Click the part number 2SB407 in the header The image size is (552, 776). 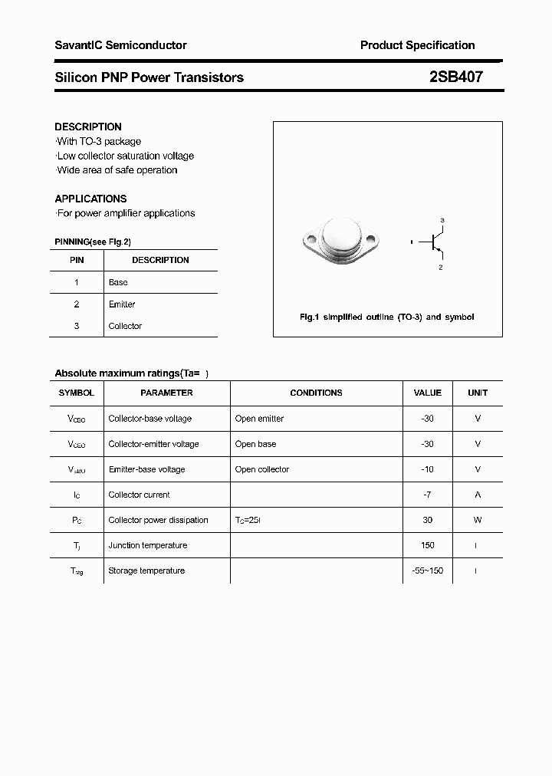(455, 77)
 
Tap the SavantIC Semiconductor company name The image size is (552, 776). (120, 45)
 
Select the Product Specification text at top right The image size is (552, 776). (417, 45)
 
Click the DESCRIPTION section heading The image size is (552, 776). (88, 127)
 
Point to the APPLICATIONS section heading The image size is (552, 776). (90, 199)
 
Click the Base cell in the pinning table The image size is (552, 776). (118, 282)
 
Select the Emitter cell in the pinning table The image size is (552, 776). (122, 304)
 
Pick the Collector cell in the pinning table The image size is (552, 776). (125, 326)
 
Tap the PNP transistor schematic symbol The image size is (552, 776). (435, 243)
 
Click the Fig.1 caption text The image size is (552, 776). (386, 317)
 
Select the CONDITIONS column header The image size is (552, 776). (316, 393)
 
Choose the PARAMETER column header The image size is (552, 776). (166, 393)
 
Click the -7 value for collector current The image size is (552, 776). (427, 495)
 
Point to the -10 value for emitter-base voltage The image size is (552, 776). (427, 469)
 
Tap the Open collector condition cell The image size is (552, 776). (262, 469)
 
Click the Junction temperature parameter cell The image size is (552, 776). (148, 545)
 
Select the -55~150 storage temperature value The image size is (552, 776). (427, 570)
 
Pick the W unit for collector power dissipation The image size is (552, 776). (478, 520)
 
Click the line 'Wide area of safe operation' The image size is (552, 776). (117, 170)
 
